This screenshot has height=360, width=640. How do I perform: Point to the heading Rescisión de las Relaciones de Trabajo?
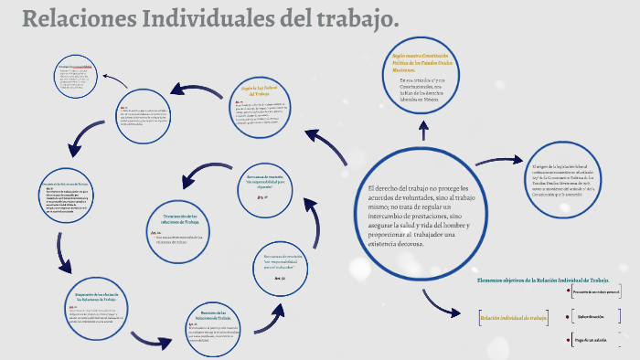[219, 315]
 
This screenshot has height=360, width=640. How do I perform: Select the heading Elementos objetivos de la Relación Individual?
[542, 280]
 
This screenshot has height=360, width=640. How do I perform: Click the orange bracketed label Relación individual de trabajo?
[513, 318]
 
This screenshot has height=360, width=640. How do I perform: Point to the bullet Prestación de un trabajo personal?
[598, 291]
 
